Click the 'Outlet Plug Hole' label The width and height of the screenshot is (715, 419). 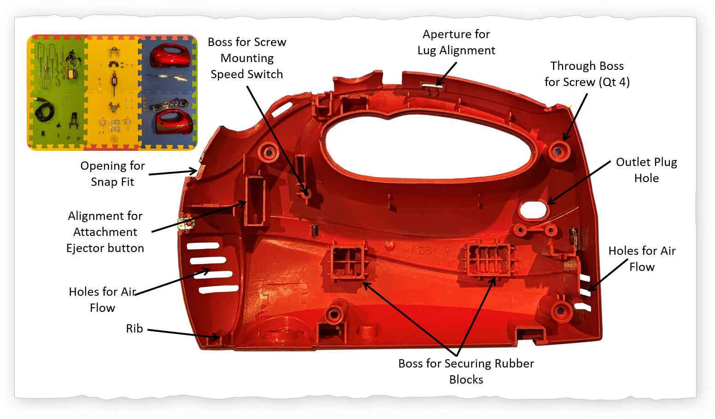646,170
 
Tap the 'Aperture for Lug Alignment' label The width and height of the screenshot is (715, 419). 456,42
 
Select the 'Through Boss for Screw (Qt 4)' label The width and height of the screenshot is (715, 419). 587,74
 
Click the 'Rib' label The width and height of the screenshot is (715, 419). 135,328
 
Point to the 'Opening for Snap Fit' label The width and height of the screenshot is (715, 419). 112,174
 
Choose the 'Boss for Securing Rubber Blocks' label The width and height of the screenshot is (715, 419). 466,371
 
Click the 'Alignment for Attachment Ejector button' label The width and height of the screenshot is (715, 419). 105,232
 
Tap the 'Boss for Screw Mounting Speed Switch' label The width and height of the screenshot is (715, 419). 247,58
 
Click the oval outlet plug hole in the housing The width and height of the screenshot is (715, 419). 533,210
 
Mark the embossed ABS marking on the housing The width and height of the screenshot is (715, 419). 421,251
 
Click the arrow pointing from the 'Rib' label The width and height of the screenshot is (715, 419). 183,333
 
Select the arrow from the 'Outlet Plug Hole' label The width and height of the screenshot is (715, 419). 579,183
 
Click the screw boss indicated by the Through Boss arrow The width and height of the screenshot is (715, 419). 559,151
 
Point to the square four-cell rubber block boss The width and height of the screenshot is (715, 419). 348,262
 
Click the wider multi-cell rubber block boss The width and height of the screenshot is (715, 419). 488,260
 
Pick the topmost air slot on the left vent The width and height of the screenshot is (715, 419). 203,246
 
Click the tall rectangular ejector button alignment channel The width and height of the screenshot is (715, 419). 255,201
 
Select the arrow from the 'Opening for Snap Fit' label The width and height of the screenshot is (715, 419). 173,172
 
